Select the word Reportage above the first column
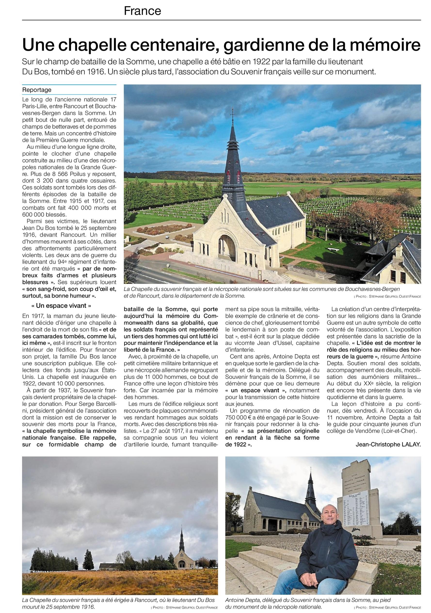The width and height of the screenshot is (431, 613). pos(37,90)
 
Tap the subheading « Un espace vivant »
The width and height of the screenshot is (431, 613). pos(62,305)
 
